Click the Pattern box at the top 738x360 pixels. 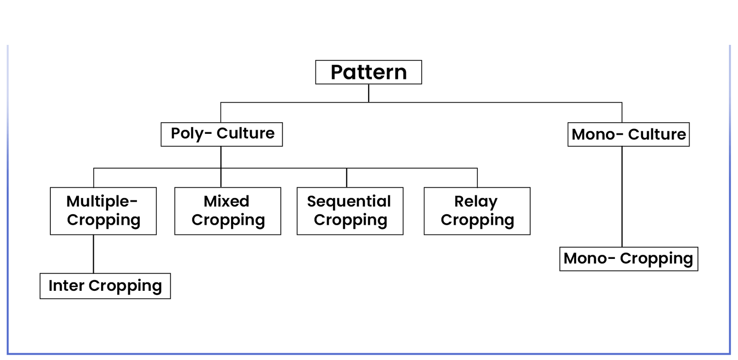tap(369, 72)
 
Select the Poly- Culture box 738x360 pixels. tap(222, 134)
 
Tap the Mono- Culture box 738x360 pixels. tap(629, 134)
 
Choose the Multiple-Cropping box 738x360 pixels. tap(103, 211)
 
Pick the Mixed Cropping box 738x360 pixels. tap(228, 211)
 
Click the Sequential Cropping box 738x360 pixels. tap(350, 211)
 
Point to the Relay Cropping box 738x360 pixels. tap(477, 211)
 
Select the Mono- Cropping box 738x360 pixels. tap(629, 259)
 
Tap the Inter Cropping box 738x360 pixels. tap(105, 286)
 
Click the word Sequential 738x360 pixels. tap(349, 201)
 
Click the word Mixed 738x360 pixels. tap(226, 201)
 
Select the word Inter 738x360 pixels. tap(66, 286)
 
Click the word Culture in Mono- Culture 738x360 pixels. tap(657, 134)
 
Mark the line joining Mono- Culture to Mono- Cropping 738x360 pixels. tap(622, 197)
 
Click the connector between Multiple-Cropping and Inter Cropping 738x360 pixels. tap(93, 254)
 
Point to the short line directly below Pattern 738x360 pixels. tap(369, 93)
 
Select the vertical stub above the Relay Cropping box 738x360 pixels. tap(477, 178)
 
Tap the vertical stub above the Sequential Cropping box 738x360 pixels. tap(346, 178)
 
